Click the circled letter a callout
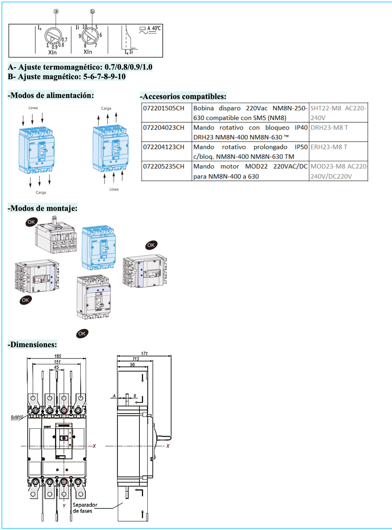click(x=56, y=11)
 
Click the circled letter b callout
click(x=92, y=11)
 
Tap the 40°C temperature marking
click(x=156, y=28)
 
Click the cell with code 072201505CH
click(x=164, y=108)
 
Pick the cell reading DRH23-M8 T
click(x=329, y=128)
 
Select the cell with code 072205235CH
click(x=164, y=167)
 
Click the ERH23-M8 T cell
click(x=329, y=147)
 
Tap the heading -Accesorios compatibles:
click(x=183, y=96)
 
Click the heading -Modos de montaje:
click(x=43, y=208)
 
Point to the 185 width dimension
click(x=58, y=356)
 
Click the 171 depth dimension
click(x=144, y=353)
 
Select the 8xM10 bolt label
click(x=17, y=417)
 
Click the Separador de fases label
click(x=85, y=508)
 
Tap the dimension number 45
click(x=56, y=367)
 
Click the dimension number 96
click(x=132, y=365)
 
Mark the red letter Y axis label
click(x=64, y=506)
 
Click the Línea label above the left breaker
click(x=33, y=108)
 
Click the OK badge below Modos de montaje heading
click(x=31, y=222)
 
